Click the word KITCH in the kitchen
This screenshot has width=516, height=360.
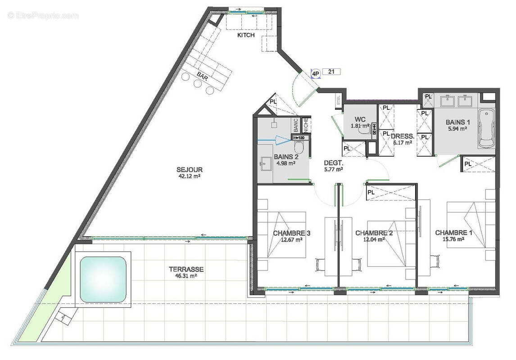coord(246,35)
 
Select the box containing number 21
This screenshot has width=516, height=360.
coord(331,71)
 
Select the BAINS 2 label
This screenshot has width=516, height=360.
coord(286,157)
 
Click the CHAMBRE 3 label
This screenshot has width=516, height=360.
coord(292,233)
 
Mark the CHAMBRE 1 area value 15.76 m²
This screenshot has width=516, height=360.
coord(454,239)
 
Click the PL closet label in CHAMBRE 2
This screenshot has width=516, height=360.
coord(371,192)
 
